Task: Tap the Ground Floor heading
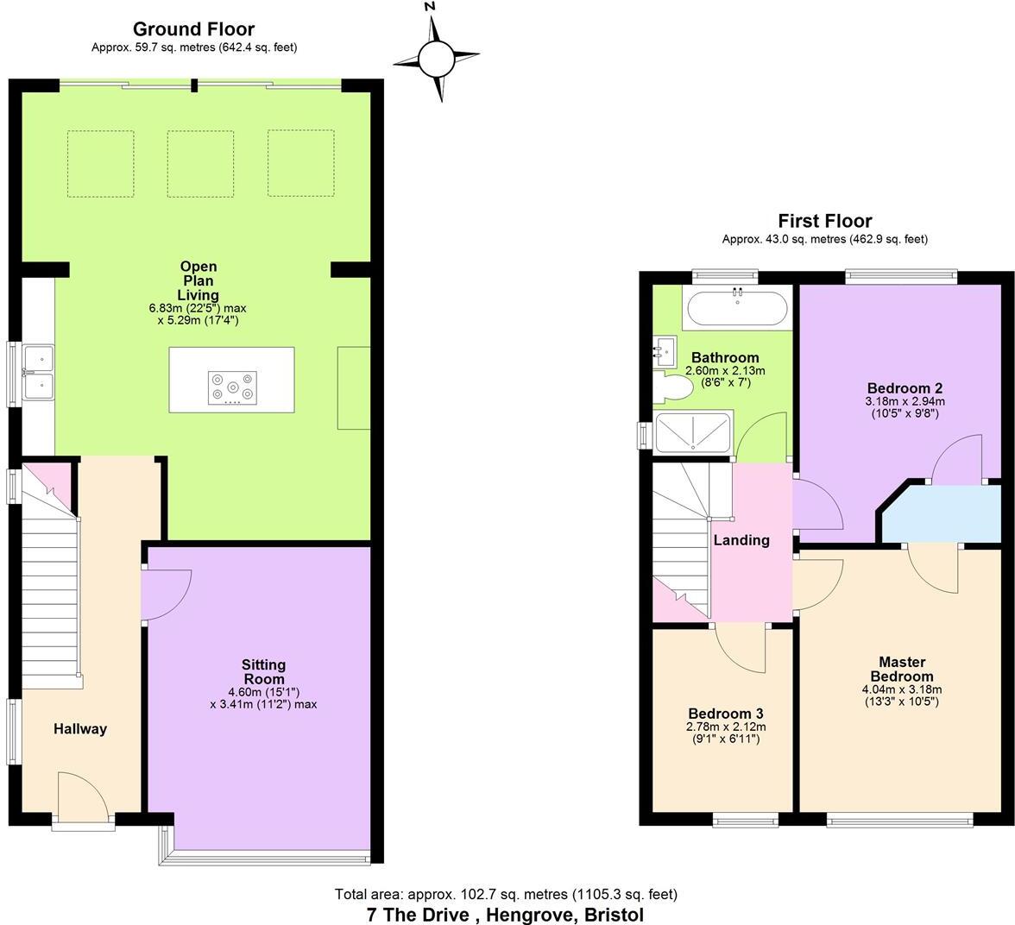pyautogui.click(x=193, y=30)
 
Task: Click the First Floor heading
pyautogui.click(x=824, y=221)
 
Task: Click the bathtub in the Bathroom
pyautogui.click(x=735, y=308)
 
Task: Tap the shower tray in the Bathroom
pyautogui.click(x=693, y=432)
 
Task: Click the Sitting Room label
pyautogui.click(x=263, y=671)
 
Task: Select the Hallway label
pyautogui.click(x=80, y=729)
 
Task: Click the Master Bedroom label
pyautogui.click(x=901, y=669)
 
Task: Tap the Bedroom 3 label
pyautogui.click(x=725, y=714)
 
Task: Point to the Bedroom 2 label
pyautogui.click(x=904, y=387)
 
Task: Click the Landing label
pyautogui.click(x=741, y=541)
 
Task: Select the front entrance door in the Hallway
pyautogui.click(x=83, y=796)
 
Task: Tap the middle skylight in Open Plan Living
pyautogui.click(x=200, y=164)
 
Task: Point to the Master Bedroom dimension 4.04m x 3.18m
pyautogui.click(x=901, y=689)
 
